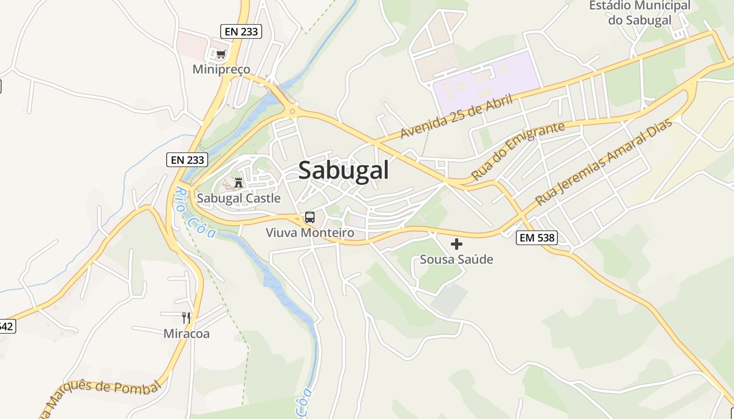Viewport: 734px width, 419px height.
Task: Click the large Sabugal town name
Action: (x=343, y=171)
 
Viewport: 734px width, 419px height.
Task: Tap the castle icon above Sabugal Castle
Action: (x=239, y=182)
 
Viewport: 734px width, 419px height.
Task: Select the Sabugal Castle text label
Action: (x=239, y=199)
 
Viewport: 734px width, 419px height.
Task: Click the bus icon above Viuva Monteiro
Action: (x=310, y=217)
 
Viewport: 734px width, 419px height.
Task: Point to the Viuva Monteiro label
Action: (x=310, y=233)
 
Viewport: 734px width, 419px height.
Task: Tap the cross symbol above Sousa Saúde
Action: (x=457, y=244)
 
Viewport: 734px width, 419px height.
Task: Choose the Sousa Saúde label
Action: (x=457, y=259)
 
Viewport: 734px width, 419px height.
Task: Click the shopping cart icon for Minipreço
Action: (x=221, y=54)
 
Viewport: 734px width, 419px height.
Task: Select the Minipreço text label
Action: (x=221, y=69)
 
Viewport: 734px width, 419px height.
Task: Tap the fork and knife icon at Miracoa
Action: (x=186, y=317)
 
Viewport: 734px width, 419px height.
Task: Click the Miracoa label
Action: (x=186, y=334)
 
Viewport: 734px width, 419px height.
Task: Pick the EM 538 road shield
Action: (x=536, y=238)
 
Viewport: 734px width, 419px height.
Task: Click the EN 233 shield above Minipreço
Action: (x=241, y=31)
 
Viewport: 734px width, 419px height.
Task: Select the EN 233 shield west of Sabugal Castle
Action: (x=187, y=160)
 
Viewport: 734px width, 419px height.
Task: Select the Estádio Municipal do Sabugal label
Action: (x=640, y=13)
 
